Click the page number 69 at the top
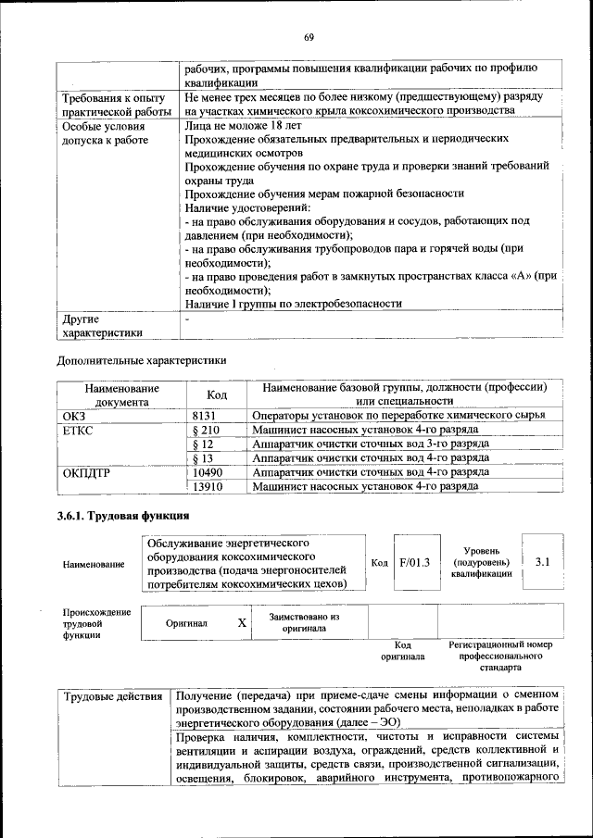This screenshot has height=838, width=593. coord(309,37)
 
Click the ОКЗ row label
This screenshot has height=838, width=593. coord(73,416)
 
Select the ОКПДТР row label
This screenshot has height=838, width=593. coord(86,471)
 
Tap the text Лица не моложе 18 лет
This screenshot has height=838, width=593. coord(243,123)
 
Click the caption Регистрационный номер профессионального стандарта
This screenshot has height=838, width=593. coord(500,655)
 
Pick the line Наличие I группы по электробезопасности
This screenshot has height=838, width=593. coord(293,303)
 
